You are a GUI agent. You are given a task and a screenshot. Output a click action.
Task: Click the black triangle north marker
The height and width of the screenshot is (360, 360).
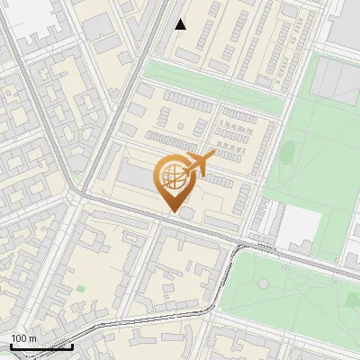(181, 24)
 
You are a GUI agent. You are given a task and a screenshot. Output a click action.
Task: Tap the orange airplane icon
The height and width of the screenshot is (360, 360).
(203, 163)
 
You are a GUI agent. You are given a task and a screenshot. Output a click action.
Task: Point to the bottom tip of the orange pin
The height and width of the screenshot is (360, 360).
(171, 212)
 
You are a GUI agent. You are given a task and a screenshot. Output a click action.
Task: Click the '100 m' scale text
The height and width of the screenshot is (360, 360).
(24, 338)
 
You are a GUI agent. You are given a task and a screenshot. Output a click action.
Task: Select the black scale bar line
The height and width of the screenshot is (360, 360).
(41, 346)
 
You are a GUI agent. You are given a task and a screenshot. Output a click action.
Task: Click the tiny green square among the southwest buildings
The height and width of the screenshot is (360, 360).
(81, 289)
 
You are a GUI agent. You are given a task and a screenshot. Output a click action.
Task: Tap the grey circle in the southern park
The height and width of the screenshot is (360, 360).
(263, 283)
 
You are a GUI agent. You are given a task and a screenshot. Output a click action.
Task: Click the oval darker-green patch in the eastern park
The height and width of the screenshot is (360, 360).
(290, 152)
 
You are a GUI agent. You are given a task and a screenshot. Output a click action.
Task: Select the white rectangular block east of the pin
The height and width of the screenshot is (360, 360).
(293, 229)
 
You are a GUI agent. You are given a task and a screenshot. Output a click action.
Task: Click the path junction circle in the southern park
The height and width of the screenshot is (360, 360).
(263, 283)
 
